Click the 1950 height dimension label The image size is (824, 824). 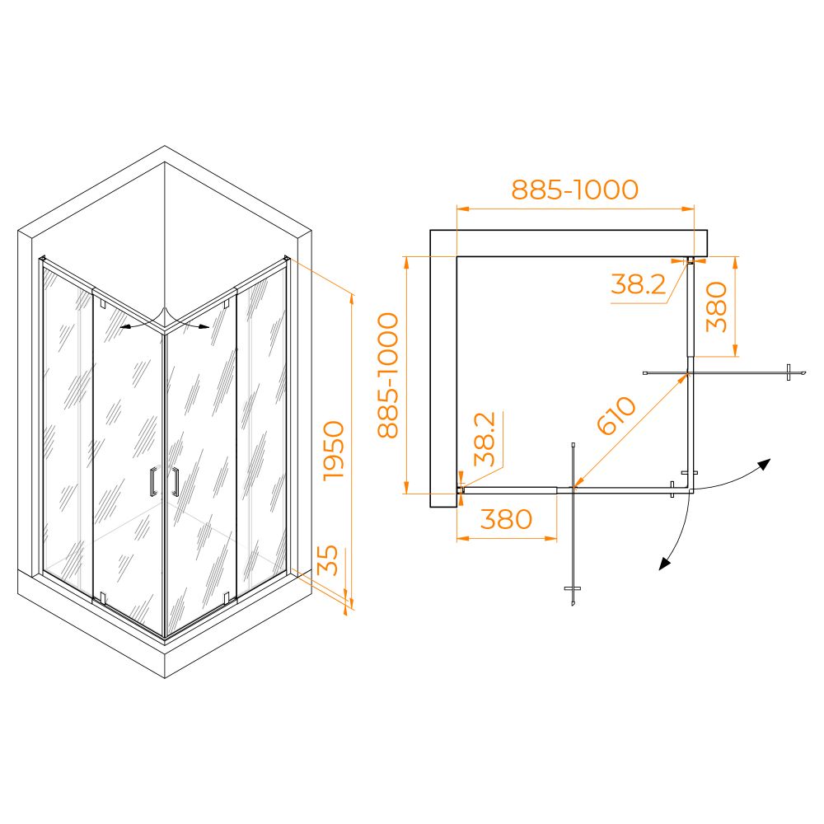[334, 451]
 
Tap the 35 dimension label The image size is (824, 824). [328, 560]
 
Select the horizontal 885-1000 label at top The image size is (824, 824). [575, 190]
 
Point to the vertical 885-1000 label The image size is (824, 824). [388, 375]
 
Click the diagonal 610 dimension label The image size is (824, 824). [616, 415]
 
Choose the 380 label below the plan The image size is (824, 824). [506, 519]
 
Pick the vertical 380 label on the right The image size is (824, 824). [716, 307]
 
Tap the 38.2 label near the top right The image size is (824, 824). [638, 284]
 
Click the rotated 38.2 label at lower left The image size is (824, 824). [485, 439]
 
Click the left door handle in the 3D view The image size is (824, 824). [152, 481]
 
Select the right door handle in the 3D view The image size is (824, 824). [175, 481]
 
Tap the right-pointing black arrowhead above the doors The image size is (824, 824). [204, 327]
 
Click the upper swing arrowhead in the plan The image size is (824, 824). [764, 465]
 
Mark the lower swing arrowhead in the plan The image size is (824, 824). [665, 564]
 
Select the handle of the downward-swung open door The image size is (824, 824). [573, 588]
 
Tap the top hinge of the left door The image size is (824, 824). [102, 304]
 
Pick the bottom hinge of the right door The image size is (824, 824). [227, 597]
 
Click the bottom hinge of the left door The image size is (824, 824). [102, 597]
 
